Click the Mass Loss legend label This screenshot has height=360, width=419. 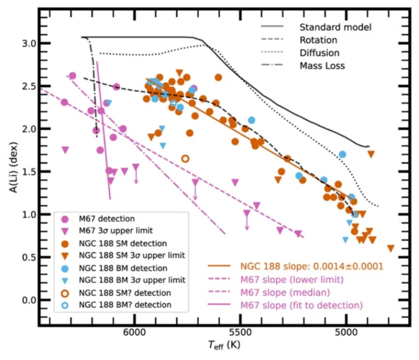(322, 66)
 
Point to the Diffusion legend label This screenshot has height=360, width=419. (319, 53)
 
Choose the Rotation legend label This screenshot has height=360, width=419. (318, 40)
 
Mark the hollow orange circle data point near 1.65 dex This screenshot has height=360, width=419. (185, 158)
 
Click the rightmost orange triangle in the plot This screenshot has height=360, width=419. (391, 248)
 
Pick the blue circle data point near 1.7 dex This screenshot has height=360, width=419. (342, 155)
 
